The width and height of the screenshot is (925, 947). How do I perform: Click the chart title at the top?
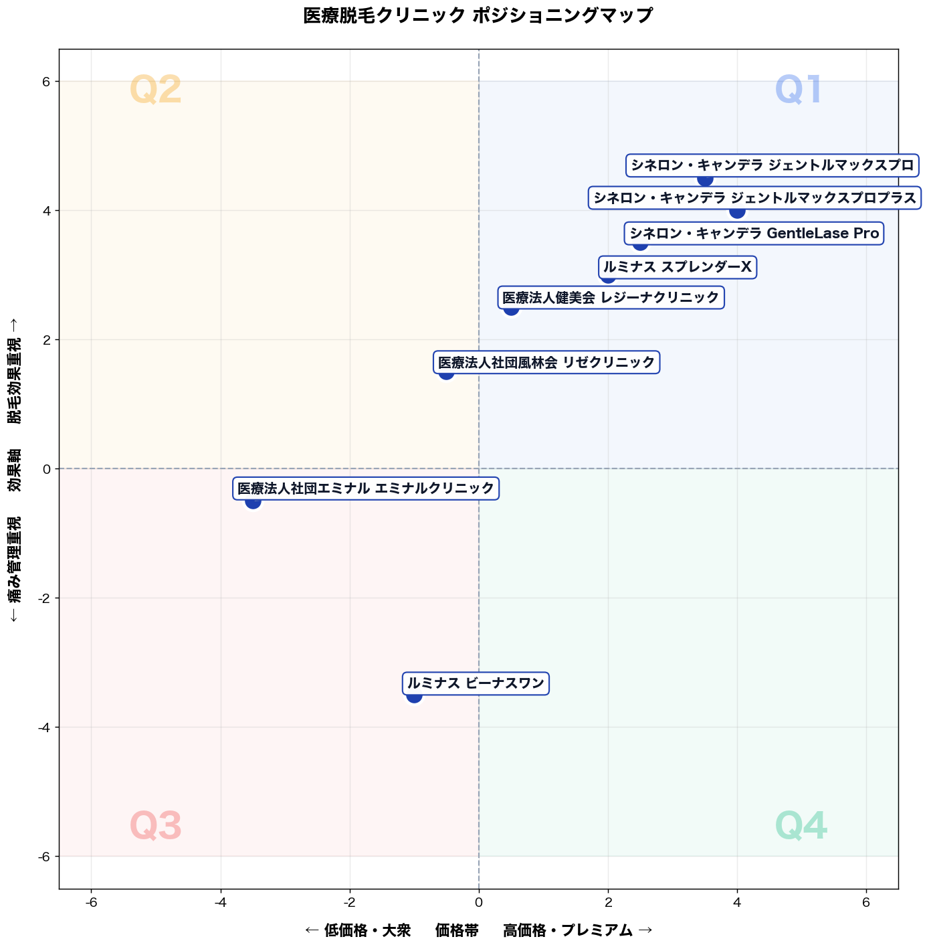[478, 15]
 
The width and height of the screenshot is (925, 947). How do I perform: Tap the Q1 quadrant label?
[798, 89]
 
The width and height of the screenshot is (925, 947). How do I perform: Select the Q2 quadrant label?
[156, 89]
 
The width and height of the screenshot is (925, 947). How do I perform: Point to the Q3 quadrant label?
[156, 825]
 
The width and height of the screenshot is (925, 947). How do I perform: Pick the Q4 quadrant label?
[801, 825]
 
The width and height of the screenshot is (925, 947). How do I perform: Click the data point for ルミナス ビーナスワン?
[414, 695]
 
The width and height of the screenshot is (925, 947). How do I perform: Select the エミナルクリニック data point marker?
[252, 501]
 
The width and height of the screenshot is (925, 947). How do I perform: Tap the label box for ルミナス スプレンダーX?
[677, 267]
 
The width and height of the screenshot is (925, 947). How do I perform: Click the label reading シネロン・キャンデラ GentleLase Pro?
[754, 233]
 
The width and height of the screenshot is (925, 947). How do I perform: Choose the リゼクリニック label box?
[546, 362]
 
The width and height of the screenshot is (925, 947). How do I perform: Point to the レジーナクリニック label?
[611, 297]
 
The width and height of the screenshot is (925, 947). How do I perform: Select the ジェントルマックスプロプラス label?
[755, 197]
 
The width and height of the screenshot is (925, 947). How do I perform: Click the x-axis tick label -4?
[220, 902]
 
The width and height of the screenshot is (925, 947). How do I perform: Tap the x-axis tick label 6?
[866, 902]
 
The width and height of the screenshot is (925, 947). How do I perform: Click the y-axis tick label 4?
[46, 211]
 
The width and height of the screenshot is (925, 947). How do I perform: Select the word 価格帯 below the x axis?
[457, 930]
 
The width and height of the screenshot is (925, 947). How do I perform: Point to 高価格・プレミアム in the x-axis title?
[568, 930]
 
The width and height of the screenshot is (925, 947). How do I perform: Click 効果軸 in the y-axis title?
[15, 470]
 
